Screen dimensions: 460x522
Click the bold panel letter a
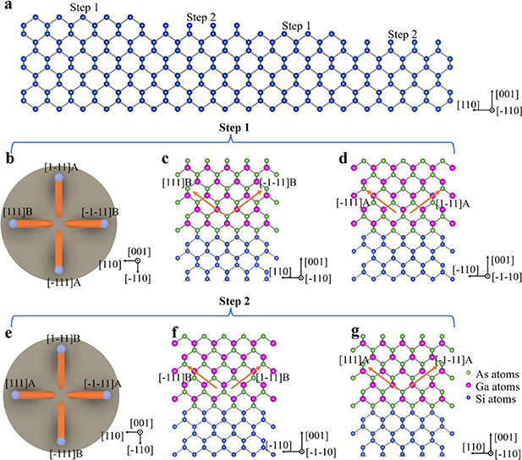click(7, 6)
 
